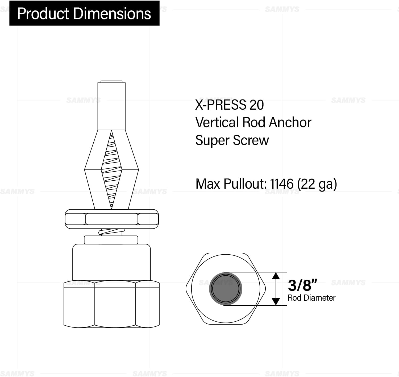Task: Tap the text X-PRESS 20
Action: click(229, 105)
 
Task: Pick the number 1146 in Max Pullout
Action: click(282, 184)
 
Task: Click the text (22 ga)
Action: click(317, 184)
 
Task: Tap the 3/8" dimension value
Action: click(302, 285)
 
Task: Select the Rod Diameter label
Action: click(311, 298)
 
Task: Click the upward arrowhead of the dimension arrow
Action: click(276, 276)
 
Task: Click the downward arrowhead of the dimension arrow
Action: click(276, 301)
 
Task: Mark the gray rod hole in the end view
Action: click(226, 289)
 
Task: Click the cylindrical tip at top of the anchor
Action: click(111, 106)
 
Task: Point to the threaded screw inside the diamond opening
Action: click(111, 170)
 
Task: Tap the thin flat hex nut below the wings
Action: click(112, 219)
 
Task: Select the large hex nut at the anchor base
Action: click(112, 304)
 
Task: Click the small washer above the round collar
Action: click(111, 240)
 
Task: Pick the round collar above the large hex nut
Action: click(111, 262)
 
